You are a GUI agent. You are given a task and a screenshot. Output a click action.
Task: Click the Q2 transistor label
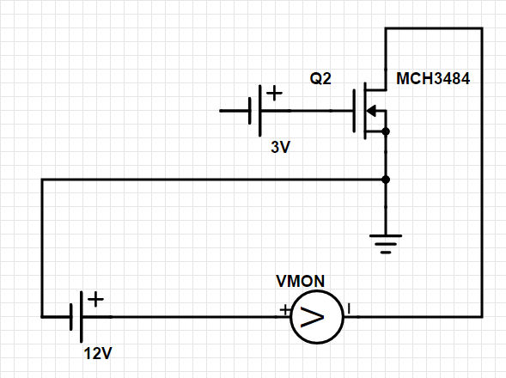[x=320, y=79]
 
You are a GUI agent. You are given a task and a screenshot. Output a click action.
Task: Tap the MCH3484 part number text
[x=433, y=79]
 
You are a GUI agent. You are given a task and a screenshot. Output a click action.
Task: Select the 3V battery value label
[x=280, y=147]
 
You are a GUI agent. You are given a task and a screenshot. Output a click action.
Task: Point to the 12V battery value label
[x=98, y=353]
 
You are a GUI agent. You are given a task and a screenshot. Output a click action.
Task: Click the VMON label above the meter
[x=301, y=281]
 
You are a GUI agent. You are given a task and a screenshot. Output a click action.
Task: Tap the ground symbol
[x=386, y=244]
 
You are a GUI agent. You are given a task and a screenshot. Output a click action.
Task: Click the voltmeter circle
[x=317, y=291]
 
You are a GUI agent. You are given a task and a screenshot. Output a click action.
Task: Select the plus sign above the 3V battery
[x=274, y=94]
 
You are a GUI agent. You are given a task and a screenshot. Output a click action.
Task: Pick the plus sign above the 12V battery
[x=95, y=299]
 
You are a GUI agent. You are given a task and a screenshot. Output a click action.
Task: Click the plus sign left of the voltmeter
[x=285, y=310]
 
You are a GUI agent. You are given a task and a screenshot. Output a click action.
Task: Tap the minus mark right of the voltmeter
[x=349, y=309]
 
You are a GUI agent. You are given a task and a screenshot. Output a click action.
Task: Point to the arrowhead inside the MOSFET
[x=371, y=111]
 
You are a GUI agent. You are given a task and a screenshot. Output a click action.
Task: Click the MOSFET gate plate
[x=354, y=111]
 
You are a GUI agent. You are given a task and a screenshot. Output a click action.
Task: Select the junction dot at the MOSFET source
[x=386, y=131]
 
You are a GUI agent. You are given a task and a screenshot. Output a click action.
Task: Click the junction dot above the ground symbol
[x=386, y=180]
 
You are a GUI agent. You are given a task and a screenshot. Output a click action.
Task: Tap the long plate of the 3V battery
[x=260, y=111]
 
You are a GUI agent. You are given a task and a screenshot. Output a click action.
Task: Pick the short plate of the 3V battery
[x=250, y=111]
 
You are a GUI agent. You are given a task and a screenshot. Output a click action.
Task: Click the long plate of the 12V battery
[x=81, y=317]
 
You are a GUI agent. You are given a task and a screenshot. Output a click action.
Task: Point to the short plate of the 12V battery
[x=71, y=317]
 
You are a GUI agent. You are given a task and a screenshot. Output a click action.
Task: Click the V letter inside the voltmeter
[x=312, y=317]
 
